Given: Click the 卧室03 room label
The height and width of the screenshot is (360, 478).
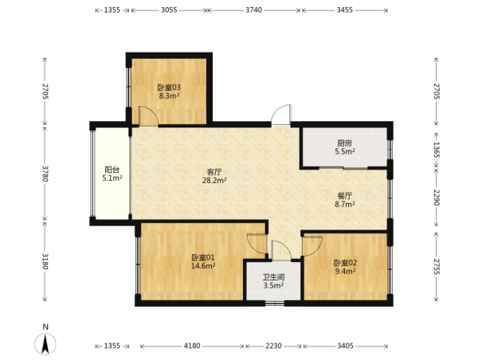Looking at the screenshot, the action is point(169,88).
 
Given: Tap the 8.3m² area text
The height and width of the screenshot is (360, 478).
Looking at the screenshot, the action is point(169,96).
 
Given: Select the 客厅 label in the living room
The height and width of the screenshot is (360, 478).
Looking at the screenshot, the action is point(214,172).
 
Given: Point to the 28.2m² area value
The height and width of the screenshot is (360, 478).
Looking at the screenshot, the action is point(214,181).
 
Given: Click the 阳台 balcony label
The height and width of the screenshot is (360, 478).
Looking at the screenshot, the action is point(112,170).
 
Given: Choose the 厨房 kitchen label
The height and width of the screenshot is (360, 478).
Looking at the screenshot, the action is point(345,143).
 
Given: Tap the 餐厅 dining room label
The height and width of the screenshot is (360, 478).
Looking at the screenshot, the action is point(345,195).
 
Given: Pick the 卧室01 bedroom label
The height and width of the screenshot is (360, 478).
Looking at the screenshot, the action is point(203,257).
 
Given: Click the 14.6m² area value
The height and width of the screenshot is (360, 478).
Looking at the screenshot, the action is point(203,266).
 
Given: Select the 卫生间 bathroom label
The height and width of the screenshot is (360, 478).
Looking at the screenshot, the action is point(274,277).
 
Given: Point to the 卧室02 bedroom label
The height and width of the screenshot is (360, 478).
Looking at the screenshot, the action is point(346,263).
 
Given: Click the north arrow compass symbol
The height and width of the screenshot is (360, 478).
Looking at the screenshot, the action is point(45,344).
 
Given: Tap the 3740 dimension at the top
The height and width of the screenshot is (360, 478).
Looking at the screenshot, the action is point(253,10).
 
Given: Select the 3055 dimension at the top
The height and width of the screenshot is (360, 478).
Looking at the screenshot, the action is point(169,10).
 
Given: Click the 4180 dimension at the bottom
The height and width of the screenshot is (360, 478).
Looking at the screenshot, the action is point(192,346).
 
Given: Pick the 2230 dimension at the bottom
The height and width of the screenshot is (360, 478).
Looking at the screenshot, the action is point(273,346).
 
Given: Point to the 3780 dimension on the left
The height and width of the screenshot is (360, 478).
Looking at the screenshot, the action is point(45,174).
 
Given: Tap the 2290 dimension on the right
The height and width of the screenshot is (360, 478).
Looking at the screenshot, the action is point(437,198).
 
